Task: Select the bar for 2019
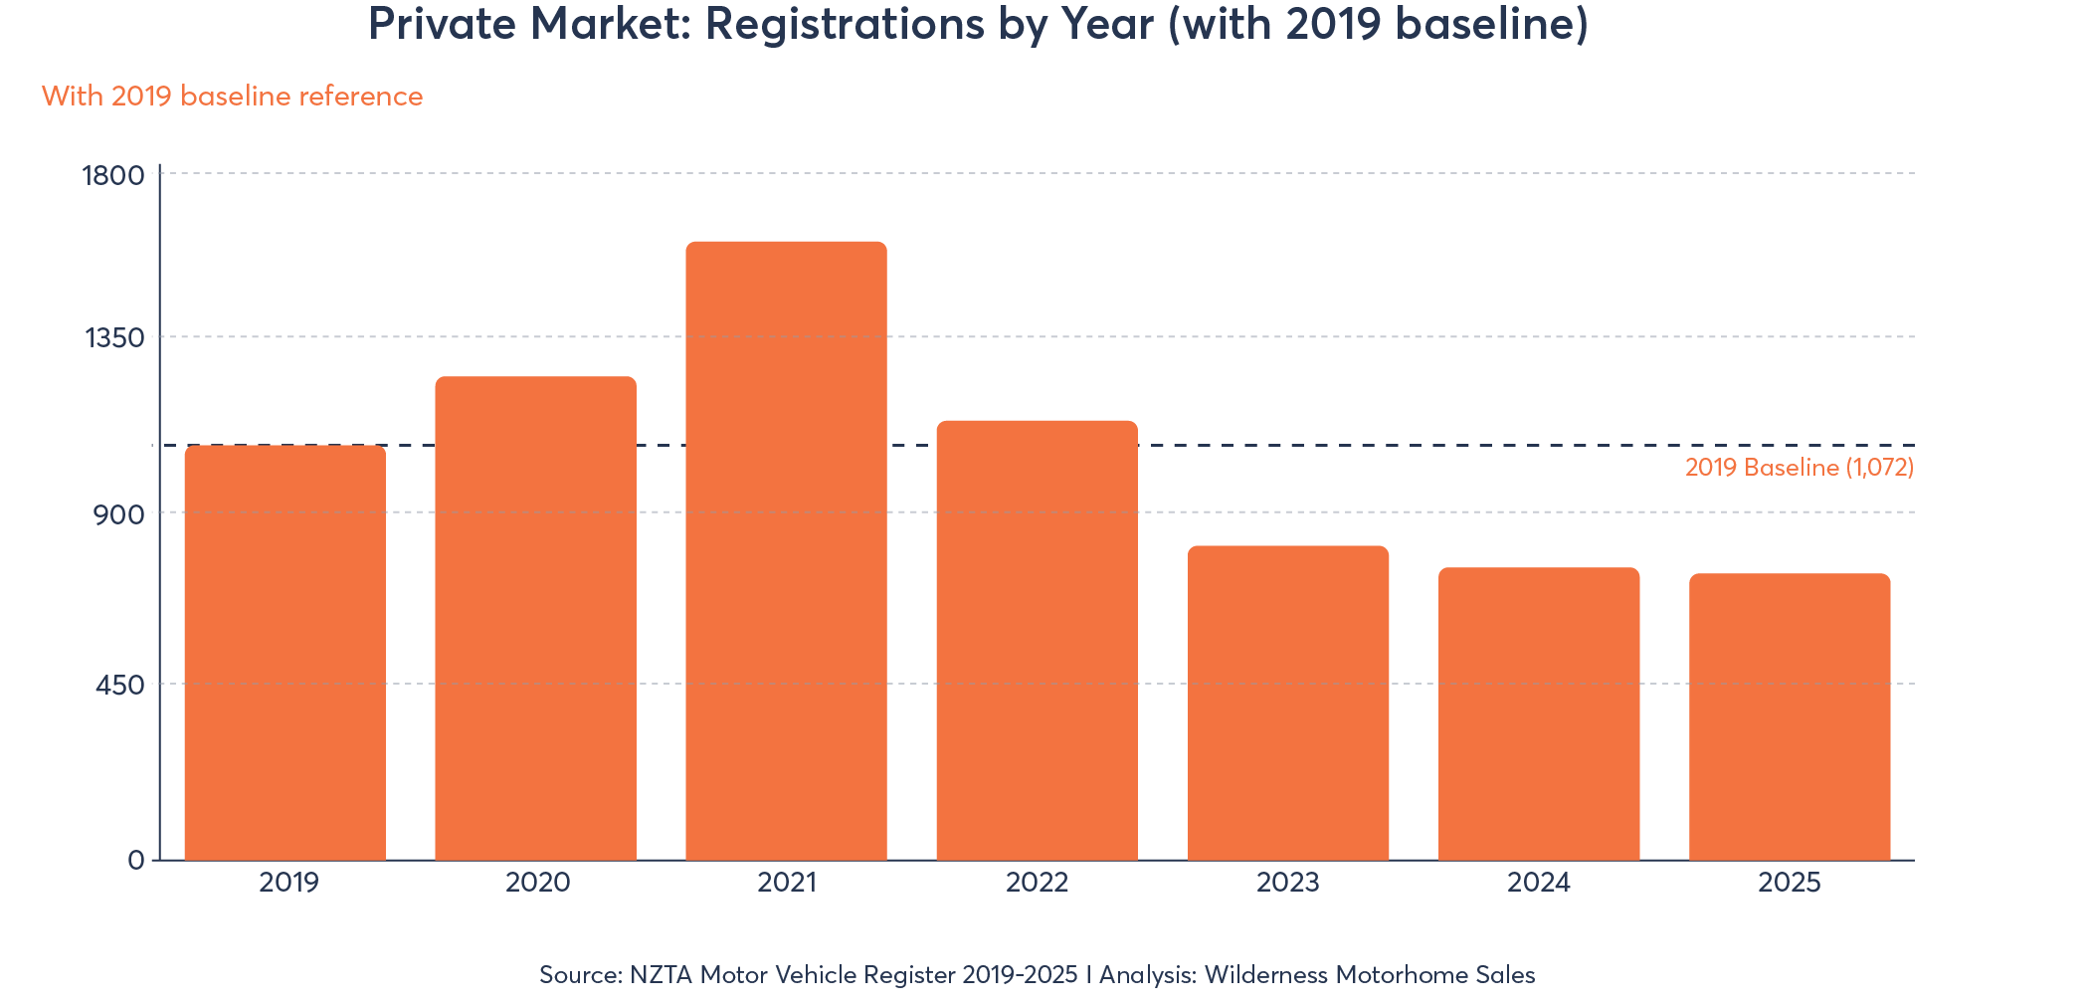[285, 652]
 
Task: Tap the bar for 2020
[535, 617]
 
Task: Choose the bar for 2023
[1288, 703]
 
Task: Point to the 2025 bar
[1790, 716]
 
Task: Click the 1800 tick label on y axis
[113, 176]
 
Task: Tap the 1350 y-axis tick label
[114, 338]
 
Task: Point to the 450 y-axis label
[119, 686]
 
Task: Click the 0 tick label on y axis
[136, 861]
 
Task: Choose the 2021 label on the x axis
[786, 883]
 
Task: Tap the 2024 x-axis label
[1539, 883]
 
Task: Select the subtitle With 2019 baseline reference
[232, 97]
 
